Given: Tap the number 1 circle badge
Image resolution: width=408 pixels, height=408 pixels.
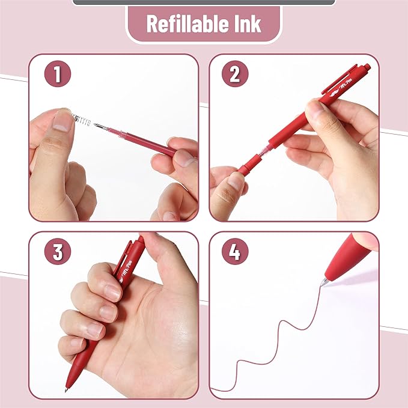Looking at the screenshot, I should (x=57, y=75).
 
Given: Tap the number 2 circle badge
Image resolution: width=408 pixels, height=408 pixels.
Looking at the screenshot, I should (x=235, y=75).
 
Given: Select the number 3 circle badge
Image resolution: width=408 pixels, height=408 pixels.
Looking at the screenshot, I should (x=57, y=252).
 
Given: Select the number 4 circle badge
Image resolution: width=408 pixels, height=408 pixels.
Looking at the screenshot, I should (x=235, y=252).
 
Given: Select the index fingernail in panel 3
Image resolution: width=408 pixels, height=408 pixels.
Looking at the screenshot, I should (x=112, y=293).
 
